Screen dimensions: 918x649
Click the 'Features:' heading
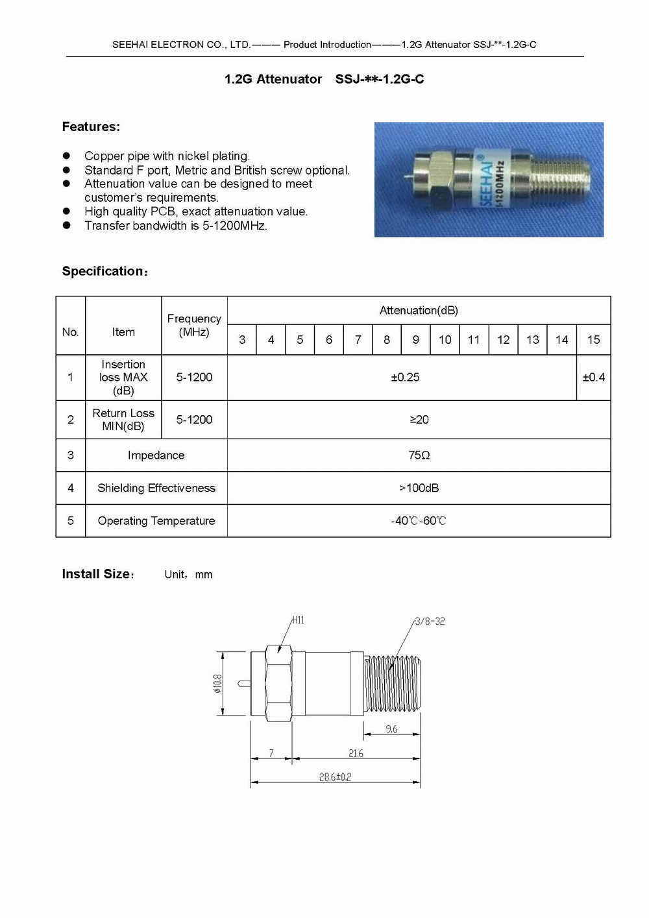[x=91, y=127]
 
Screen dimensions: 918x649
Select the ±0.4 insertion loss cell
[x=593, y=377]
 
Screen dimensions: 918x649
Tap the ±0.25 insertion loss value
[x=405, y=377]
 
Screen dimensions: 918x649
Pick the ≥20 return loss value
[x=419, y=420]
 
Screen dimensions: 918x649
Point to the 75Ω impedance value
[x=419, y=455]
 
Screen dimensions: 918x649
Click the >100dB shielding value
[x=419, y=488]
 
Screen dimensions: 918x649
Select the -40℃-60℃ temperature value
[x=419, y=521]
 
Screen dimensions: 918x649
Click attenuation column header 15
[x=593, y=339]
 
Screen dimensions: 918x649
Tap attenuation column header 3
[x=242, y=339]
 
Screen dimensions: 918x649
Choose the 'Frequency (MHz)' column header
[x=194, y=325]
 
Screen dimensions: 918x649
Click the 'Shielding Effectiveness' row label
[x=156, y=488]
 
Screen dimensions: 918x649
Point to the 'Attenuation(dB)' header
[x=419, y=310]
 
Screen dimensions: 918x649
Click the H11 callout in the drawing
[x=298, y=620]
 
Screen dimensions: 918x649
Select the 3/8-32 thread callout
[x=430, y=621]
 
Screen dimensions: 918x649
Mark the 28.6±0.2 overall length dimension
[x=335, y=777]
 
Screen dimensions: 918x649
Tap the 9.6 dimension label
[x=391, y=729]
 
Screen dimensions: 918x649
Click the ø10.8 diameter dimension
[x=217, y=683]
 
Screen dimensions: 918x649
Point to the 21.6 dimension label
[x=356, y=753]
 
